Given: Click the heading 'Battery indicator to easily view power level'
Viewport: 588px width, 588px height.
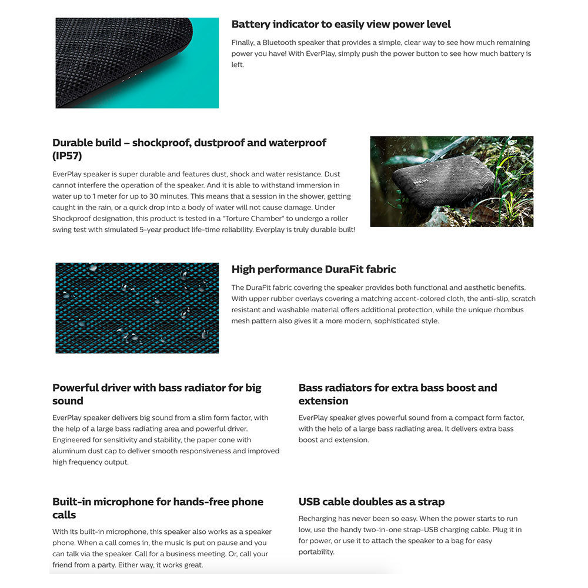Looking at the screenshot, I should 341,25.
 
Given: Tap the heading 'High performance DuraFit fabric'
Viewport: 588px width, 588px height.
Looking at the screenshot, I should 313,269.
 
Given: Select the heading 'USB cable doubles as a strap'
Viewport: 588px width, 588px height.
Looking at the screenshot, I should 371,502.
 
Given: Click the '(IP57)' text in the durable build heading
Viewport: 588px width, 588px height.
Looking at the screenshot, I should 67,156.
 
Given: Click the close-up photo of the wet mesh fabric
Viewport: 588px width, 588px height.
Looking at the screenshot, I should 137,308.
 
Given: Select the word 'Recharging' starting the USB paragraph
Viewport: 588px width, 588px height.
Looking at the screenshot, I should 318,519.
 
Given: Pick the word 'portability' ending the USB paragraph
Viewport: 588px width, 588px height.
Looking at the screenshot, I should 316,552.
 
